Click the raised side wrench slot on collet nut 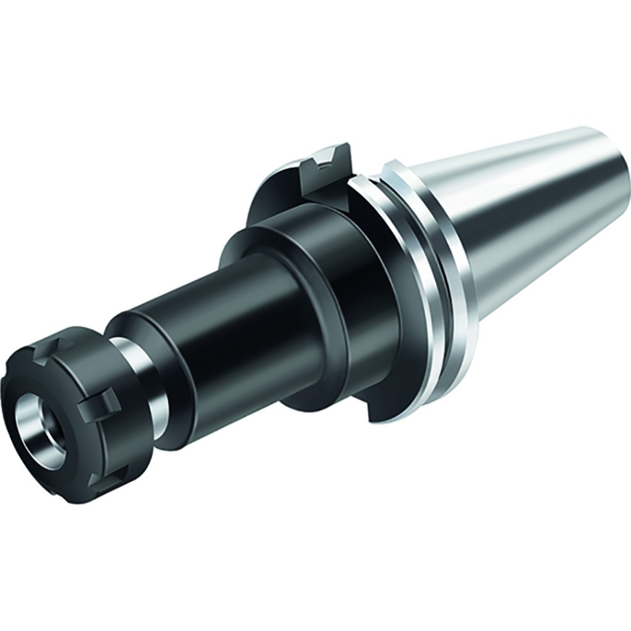pos(99,404)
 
